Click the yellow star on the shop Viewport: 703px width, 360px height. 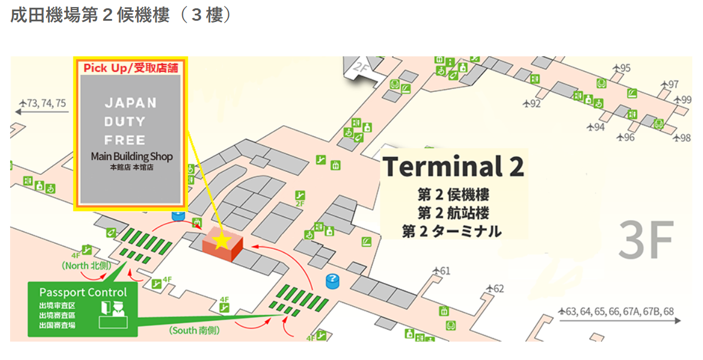[x=221, y=241]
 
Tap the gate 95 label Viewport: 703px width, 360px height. [x=625, y=68]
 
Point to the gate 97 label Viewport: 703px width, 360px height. [x=673, y=85]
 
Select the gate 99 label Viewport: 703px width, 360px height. [x=686, y=100]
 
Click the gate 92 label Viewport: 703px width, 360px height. [x=535, y=104]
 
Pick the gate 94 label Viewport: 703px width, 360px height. [x=599, y=127]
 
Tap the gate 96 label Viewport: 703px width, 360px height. [x=629, y=137]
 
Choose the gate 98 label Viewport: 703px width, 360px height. [x=685, y=138]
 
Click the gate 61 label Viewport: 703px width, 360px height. [x=445, y=271]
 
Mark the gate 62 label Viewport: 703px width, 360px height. [x=498, y=289]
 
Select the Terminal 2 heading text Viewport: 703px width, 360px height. [x=453, y=167]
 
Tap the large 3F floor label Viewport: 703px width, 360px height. [x=646, y=240]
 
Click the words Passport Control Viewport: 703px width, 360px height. [x=83, y=292]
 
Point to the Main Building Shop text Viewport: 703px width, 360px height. [x=132, y=157]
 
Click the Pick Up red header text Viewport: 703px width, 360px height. [x=131, y=68]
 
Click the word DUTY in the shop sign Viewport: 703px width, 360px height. [x=125, y=122]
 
